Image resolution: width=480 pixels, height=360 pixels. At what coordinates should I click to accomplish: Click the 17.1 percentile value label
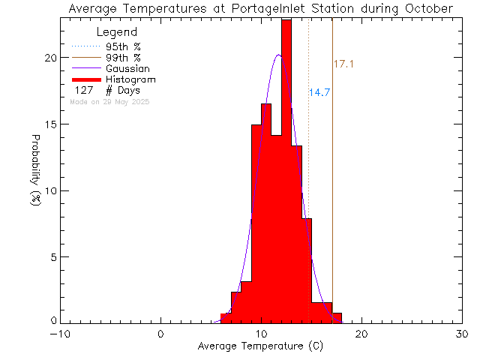(x=343, y=65)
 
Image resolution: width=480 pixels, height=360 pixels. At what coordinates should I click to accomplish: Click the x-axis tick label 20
(x=361, y=334)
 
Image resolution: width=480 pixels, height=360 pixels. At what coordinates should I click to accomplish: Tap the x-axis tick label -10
(x=60, y=334)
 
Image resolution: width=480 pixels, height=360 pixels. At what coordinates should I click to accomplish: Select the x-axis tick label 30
(x=462, y=334)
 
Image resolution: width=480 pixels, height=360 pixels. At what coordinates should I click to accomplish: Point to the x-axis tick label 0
(x=161, y=334)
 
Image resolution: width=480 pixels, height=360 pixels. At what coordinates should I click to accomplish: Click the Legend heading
(x=117, y=33)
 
